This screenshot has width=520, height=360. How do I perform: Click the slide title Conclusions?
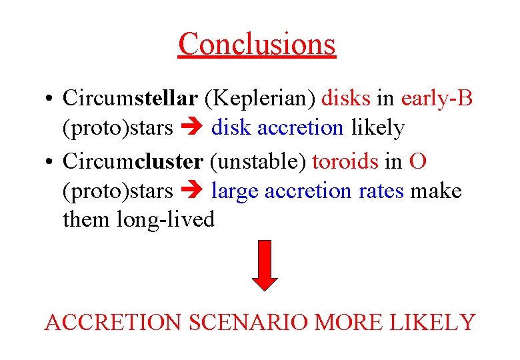tap(257, 44)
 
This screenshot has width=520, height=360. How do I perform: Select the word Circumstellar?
tap(130, 98)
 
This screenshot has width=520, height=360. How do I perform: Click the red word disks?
tap(346, 98)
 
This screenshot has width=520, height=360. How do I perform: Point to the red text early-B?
tap(437, 98)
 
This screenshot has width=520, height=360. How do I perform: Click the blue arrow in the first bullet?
tap(192, 128)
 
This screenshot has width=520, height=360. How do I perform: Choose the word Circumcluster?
tap(133, 161)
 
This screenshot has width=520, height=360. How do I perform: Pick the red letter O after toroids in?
tap(418, 161)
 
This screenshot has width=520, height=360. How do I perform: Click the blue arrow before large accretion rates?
tap(192, 192)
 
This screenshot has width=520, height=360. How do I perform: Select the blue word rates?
tap(380, 191)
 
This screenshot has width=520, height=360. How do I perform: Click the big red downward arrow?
tap(267, 265)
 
